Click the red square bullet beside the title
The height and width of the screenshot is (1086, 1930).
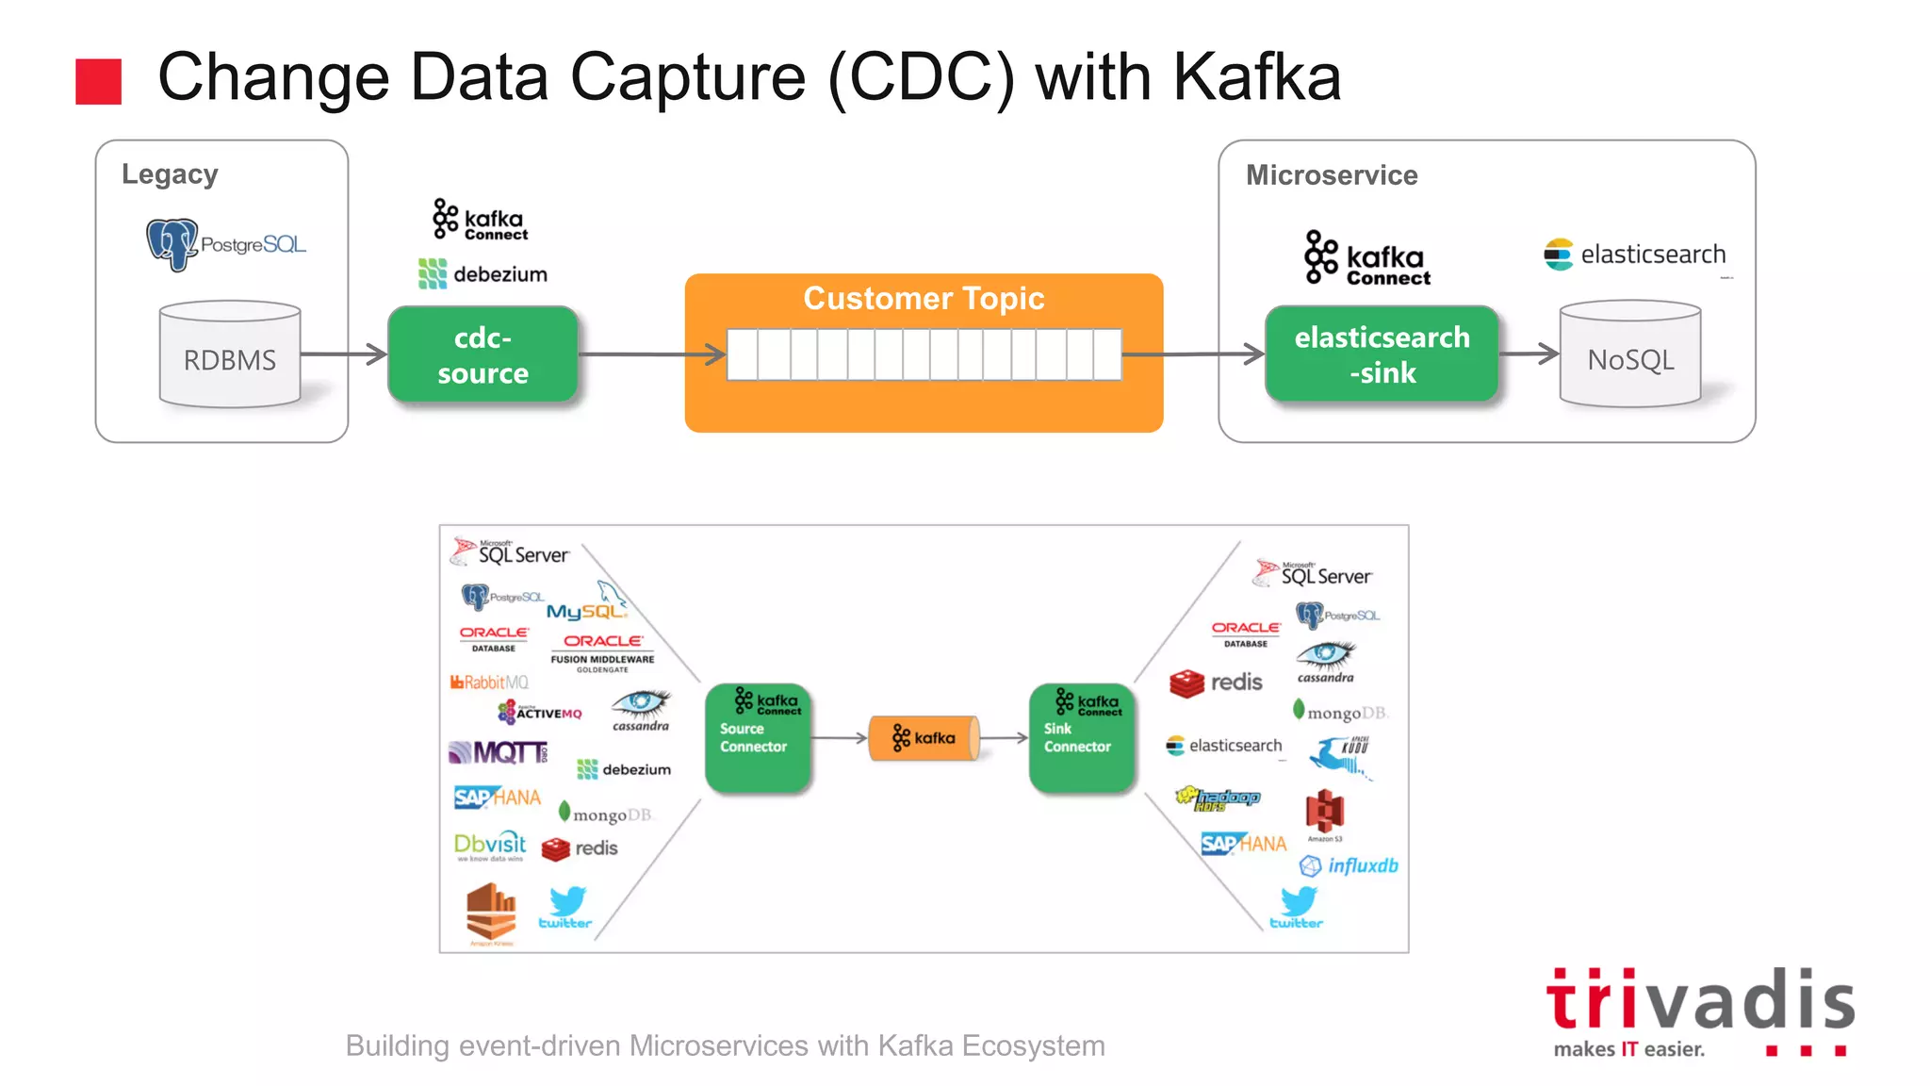click(99, 81)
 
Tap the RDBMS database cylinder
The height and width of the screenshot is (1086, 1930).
click(230, 355)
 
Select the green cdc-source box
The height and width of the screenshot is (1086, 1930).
click(482, 354)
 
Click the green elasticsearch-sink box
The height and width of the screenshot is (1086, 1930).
click(1382, 354)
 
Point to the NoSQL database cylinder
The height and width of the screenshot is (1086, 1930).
click(1630, 355)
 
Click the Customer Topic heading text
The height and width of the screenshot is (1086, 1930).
click(924, 298)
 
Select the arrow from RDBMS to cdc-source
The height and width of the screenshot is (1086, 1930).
click(344, 354)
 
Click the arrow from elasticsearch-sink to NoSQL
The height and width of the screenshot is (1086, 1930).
click(1529, 354)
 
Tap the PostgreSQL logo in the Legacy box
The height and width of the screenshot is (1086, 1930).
click(226, 244)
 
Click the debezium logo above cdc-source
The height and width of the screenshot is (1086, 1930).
click(482, 274)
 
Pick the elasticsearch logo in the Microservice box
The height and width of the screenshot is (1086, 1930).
click(1635, 255)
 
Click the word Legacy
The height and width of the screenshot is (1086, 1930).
click(170, 174)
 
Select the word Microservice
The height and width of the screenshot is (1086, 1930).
click(1332, 175)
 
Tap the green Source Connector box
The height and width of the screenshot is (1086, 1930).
click(758, 737)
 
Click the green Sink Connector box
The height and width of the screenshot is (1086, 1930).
click(1082, 737)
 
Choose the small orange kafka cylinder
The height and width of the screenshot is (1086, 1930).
click(924, 738)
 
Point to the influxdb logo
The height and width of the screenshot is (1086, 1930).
click(1349, 865)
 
